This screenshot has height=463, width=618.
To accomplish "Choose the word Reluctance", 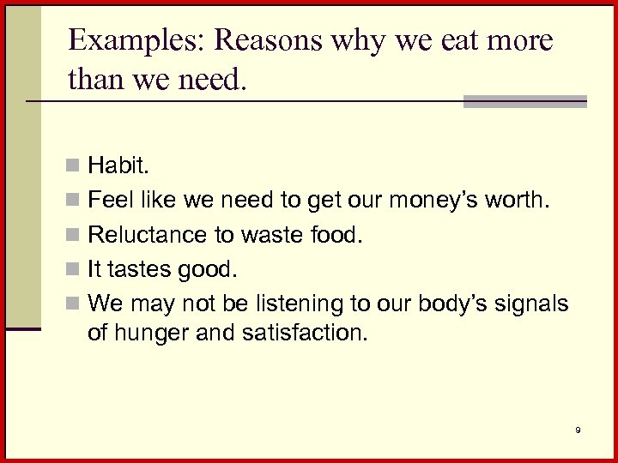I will click(x=144, y=233).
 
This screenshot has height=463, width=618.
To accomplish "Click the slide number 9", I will click(x=579, y=430).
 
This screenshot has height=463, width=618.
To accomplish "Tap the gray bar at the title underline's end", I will click(x=524, y=101).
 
